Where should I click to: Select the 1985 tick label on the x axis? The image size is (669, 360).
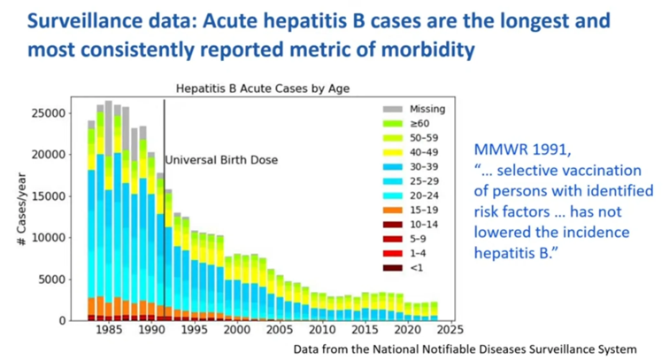pos(109,331)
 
